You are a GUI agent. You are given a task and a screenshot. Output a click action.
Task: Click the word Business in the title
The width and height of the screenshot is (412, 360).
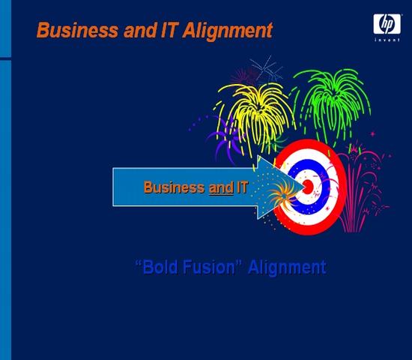77,30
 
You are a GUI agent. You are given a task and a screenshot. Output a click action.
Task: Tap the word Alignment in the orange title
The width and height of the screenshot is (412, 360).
228,31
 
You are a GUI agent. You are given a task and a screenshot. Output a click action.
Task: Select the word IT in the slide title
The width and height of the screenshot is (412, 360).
169,30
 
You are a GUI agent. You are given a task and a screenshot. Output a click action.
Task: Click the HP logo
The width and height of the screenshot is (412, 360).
387,24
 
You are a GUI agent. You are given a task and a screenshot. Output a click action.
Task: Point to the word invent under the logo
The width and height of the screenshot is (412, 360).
387,40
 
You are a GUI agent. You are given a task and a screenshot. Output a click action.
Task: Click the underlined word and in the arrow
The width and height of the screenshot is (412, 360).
221,188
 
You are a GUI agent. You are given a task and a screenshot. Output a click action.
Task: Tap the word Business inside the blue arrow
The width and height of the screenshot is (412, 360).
174,187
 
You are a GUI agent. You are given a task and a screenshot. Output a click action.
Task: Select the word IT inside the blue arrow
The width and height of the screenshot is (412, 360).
242,187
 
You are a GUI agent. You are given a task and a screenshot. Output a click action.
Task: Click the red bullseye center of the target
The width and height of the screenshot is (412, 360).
308,187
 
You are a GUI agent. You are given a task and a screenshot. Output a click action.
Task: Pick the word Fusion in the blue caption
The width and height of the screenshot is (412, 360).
209,267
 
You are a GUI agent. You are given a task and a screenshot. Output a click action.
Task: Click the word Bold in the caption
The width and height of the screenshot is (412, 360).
160,267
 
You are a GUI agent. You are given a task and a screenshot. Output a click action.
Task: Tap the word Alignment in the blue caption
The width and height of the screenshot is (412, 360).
287,268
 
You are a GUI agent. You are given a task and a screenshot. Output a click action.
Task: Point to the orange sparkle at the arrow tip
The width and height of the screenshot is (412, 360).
285,195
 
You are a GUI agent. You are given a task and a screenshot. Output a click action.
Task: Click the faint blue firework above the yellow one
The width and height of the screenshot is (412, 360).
266,69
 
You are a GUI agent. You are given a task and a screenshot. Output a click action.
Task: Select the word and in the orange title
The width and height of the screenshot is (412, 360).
140,30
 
